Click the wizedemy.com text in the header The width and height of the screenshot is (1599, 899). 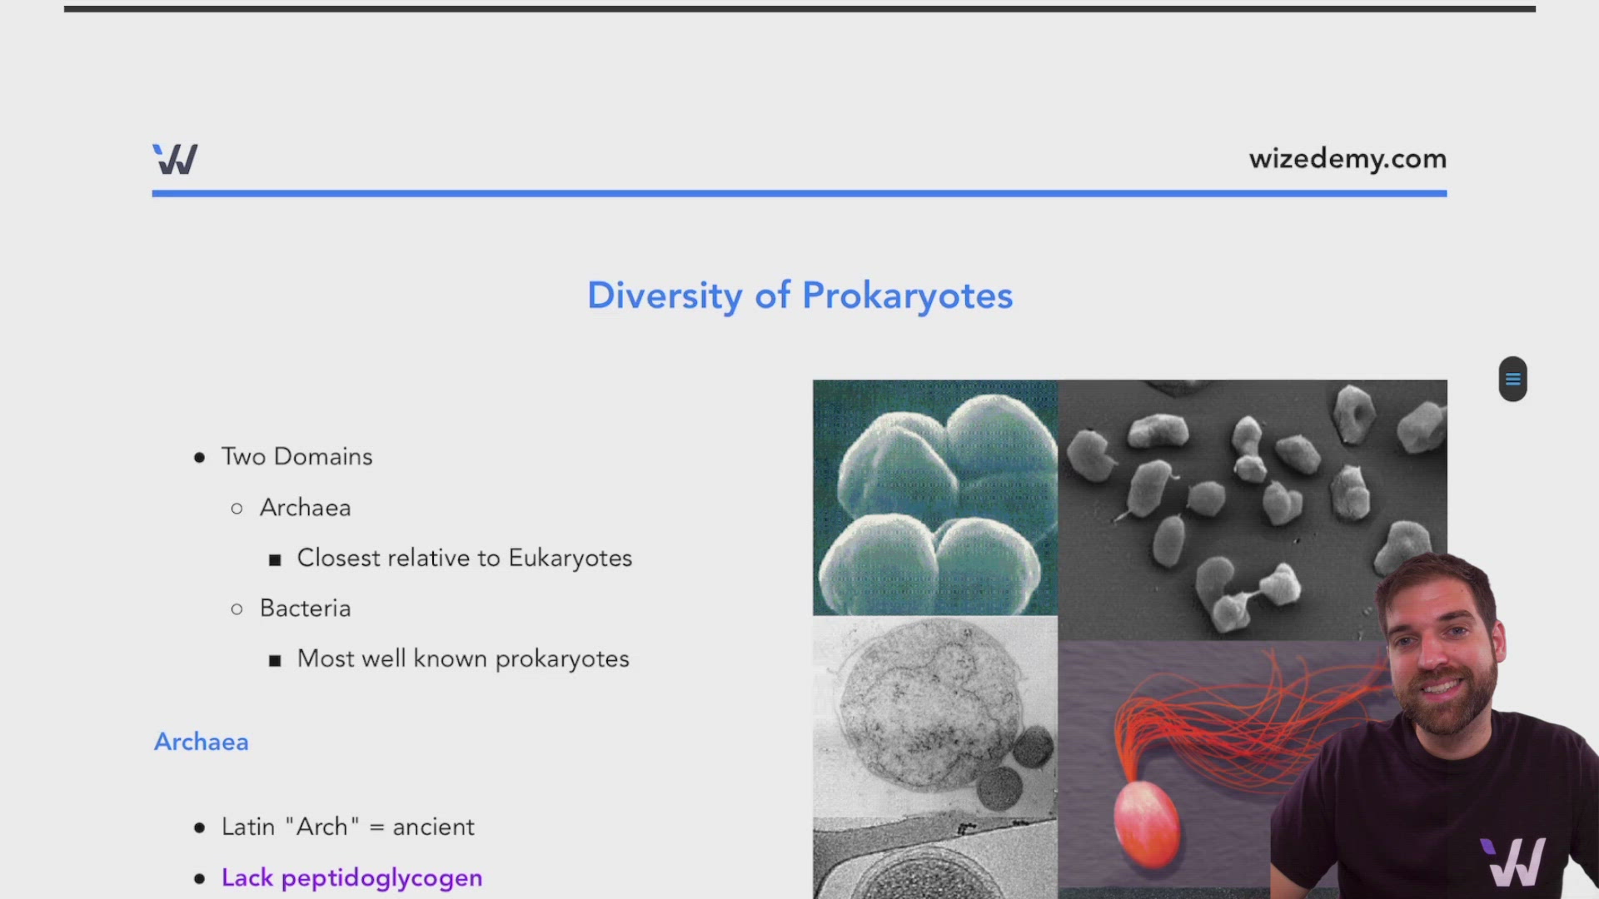[1347, 159]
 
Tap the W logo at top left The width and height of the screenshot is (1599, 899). [175, 159]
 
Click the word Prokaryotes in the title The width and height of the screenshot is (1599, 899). [908, 296]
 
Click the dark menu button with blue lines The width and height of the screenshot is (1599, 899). [1512, 380]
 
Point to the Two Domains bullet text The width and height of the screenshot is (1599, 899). [296, 456]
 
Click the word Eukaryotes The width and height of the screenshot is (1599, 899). [570, 559]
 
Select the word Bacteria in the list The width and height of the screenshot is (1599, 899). [305, 608]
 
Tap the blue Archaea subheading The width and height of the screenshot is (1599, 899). [202, 742]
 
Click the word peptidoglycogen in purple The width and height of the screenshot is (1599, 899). [381, 878]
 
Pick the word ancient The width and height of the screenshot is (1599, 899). [433, 827]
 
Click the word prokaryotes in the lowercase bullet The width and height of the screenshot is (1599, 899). [562, 659]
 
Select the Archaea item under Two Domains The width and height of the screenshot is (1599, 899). [305, 508]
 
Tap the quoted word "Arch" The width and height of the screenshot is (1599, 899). [322, 827]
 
